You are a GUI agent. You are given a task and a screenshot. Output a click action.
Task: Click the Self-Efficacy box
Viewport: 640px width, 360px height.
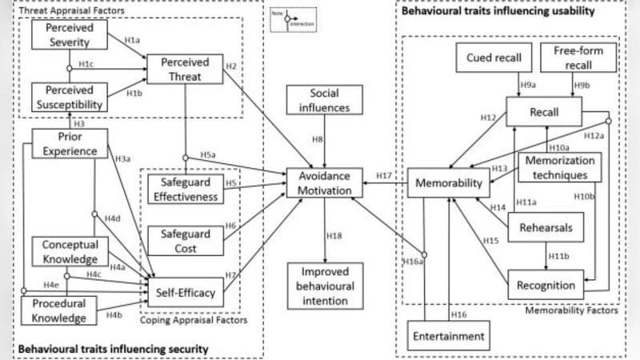(x=186, y=293)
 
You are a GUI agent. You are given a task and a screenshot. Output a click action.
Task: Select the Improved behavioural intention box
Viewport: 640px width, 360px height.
(x=325, y=286)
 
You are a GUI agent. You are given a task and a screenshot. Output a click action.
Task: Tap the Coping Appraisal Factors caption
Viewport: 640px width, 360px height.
(x=191, y=322)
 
